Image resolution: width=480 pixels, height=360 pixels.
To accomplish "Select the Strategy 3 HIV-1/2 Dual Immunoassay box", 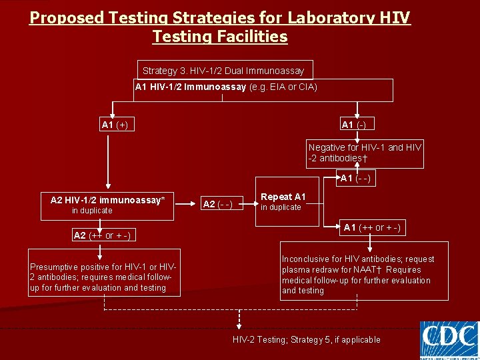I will click(x=223, y=70).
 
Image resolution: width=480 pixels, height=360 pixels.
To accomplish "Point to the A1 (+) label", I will click(x=115, y=125).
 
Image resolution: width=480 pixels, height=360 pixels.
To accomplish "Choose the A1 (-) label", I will click(x=353, y=125).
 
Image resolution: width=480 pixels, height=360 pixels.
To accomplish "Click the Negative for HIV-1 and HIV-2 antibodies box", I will click(x=365, y=153).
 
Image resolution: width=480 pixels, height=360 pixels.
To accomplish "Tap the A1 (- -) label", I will click(x=355, y=179).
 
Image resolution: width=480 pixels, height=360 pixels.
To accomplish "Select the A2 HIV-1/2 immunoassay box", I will click(x=107, y=205).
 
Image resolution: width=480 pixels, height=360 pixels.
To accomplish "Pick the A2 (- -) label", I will click(x=217, y=205).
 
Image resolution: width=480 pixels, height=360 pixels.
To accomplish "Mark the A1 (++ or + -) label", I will click(x=372, y=228).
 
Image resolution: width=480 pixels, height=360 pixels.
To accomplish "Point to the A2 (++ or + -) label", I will click(x=101, y=235).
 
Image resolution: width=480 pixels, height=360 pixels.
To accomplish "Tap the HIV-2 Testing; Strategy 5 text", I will click(x=307, y=340).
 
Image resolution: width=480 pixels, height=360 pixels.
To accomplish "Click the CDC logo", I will click(x=449, y=339).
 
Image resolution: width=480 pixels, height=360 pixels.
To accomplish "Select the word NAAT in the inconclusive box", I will click(x=351, y=270).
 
